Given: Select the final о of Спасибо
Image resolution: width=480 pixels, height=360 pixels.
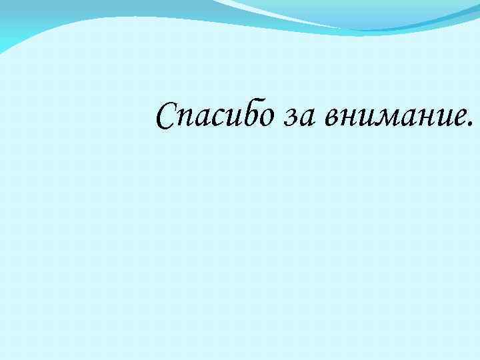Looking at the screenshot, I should point(265,117).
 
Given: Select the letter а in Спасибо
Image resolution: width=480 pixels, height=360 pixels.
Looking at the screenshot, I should point(201,118).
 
